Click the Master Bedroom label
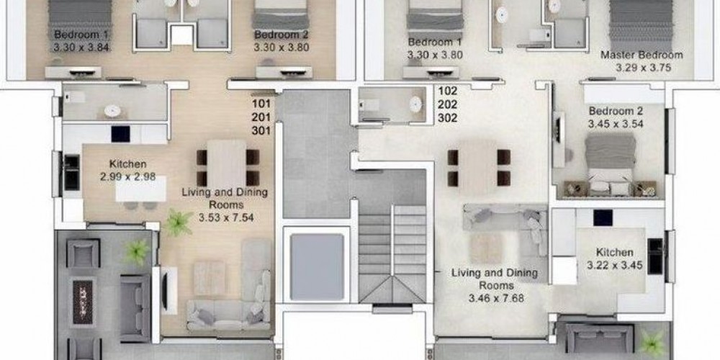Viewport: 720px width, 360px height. [642, 55]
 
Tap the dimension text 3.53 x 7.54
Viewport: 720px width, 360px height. [226, 217]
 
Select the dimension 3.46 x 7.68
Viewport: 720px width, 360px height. [496, 299]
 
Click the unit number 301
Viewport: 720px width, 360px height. [261, 131]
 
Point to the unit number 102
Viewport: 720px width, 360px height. [447, 91]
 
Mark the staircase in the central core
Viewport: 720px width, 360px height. [392, 254]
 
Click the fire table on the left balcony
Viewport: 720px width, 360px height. [83, 302]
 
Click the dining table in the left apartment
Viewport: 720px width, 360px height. [226, 164]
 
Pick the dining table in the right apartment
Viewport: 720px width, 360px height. [477, 168]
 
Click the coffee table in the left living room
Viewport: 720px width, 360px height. [210, 278]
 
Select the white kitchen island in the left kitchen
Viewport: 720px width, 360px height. [140, 189]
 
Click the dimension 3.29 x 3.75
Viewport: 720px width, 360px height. [643, 68]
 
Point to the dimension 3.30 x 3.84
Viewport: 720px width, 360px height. [82, 47]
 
